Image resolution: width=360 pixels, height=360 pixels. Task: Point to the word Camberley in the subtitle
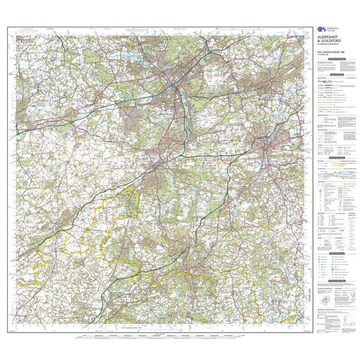click(322, 44)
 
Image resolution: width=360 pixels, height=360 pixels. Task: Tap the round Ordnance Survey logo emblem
click(319, 29)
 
